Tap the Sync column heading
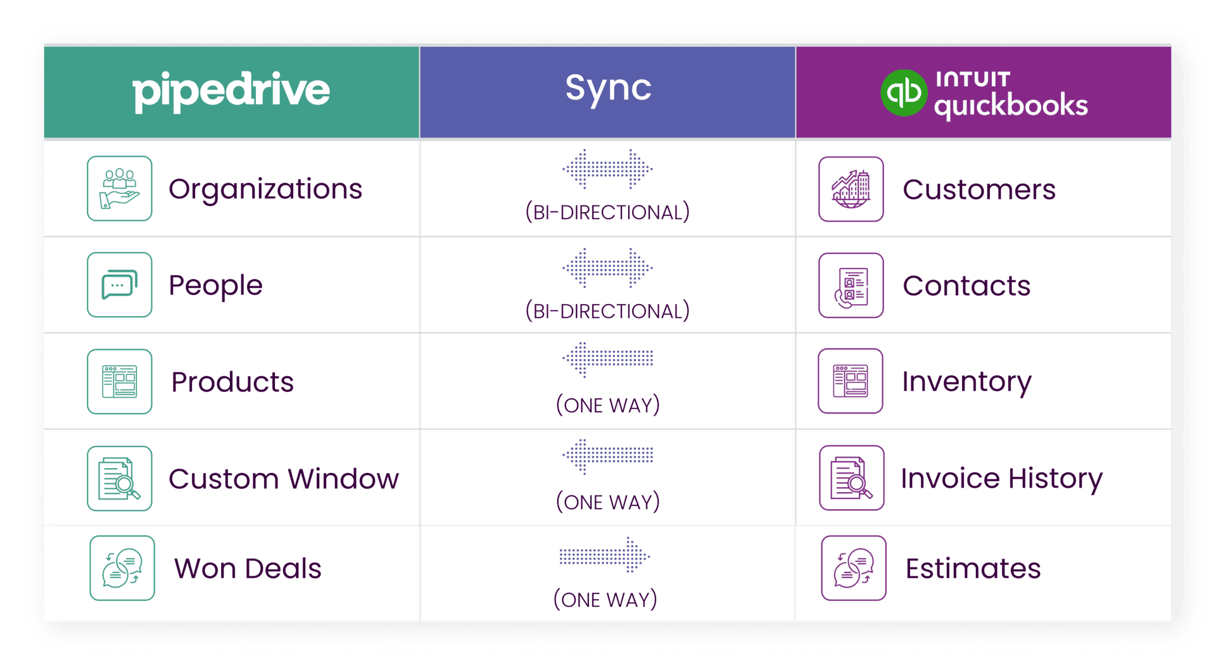click(608, 88)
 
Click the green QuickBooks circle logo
click(904, 93)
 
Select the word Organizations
click(265, 189)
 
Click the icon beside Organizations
click(120, 189)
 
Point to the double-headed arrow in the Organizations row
click(607, 169)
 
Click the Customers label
click(978, 189)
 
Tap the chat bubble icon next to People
click(120, 285)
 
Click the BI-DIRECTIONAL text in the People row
click(607, 311)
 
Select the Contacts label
click(966, 286)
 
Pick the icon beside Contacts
click(851, 286)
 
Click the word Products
click(232, 382)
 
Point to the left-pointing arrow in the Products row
click(607, 358)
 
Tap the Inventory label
click(966, 381)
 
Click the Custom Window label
click(284, 479)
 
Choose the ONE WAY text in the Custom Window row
click(607, 502)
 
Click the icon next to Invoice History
click(851, 478)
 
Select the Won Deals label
click(248, 569)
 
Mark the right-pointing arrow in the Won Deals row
click(605, 556)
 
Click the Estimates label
click(973, 569)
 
